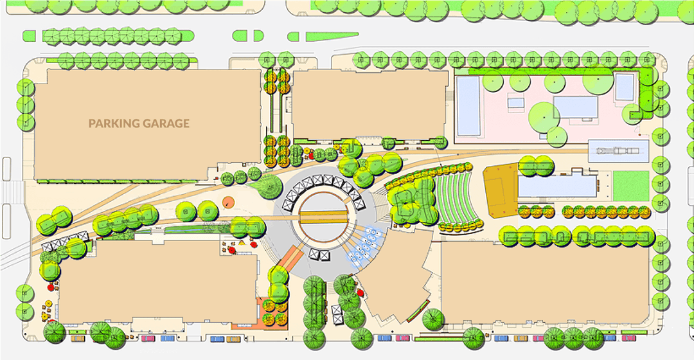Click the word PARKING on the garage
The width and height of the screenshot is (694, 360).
(x=112, y=123)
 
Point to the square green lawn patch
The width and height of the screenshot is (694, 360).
(x=630, y=186)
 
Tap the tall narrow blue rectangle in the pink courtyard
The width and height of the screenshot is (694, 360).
(x=468, y=107)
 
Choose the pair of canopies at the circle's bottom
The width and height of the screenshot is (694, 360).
(x=319, y=254)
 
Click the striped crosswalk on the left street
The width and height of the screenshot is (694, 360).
(x=12, y=192)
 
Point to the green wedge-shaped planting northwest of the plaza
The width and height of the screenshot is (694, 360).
(x=267, y=187)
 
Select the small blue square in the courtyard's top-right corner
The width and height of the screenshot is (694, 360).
(x=625, y=87)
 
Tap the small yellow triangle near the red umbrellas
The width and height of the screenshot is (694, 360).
(x=242, y=243)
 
